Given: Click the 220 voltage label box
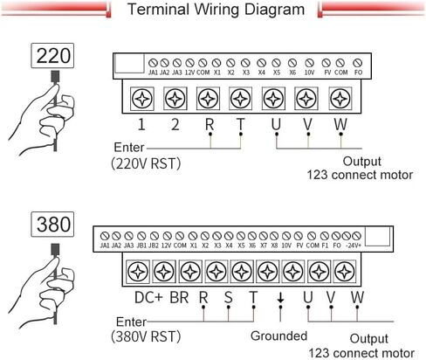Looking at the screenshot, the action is click(x=52, y=56).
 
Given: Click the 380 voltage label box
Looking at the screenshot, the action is click(x=52, y=225).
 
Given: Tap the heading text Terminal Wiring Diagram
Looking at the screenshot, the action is click(x=216, y=10).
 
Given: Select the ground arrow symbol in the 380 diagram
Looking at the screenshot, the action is click(x=280, y=298).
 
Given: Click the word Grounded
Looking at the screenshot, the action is click(x=278, y=336).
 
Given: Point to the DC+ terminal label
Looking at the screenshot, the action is click(x=148, y=298).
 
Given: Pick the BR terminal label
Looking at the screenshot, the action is click(x=179, y=298).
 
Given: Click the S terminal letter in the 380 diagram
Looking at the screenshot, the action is click(x=229, y=298).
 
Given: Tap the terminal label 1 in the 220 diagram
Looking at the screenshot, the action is click(x=141, y=125).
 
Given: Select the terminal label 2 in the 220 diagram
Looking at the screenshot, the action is click(x=175, y=125).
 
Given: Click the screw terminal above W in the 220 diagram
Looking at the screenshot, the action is click(x=340, y=99).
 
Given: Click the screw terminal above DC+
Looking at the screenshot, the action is click(x=138, y=272).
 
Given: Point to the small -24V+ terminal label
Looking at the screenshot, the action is click(x=354, y=246).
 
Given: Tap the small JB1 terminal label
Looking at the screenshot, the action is click(x=141, y=246).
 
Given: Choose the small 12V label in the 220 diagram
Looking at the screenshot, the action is click(x=189, y=73).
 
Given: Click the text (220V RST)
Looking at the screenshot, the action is click(x=146, y=163).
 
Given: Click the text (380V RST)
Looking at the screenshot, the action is click(x=146, y=336).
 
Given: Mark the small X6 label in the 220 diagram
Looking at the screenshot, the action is click(x=292, y=73).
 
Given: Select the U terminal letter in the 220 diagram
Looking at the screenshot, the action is click(x=276, y=125).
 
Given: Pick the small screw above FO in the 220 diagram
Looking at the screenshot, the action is click(x=357, y=63).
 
